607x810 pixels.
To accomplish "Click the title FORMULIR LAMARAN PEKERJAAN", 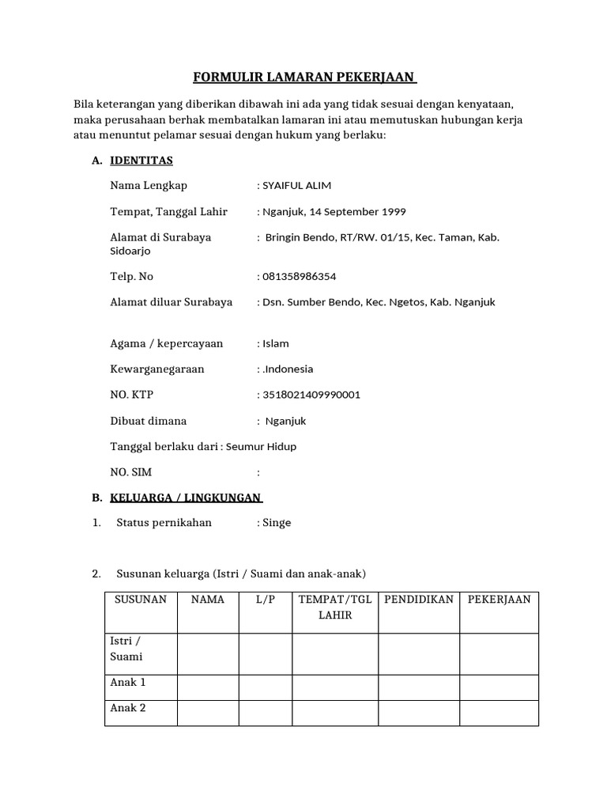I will tap(305, 78).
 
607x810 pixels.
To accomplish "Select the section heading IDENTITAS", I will tap(141, 161).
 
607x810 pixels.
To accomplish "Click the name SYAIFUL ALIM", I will tap(296, 186).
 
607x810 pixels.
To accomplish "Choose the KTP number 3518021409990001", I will tap(311, 395).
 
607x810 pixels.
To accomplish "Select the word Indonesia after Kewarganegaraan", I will tap(288, 369).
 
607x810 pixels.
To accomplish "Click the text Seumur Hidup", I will tap(261, 446).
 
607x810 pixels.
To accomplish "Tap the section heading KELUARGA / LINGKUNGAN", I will tap(186, 498).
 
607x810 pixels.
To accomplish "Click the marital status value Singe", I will tap(277, 523).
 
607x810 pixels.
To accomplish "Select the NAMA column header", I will tap(208, 600).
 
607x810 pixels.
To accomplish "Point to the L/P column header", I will tap(266, 600).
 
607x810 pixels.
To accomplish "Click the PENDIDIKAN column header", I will tap(419, 600).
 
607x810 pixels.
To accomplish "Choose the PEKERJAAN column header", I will tap(499, 600).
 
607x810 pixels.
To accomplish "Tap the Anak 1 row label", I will tap(128, 683).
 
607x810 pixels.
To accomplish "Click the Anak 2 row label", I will tap(128, 708).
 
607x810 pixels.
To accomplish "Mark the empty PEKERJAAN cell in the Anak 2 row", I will tap(499, 713).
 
